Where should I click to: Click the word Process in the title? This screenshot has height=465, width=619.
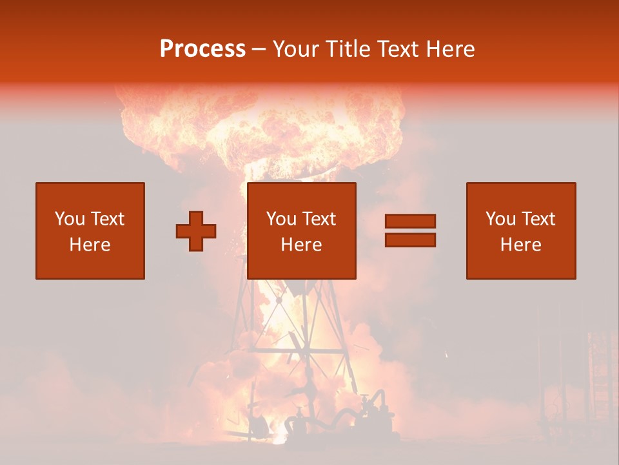click(x=202, y=49)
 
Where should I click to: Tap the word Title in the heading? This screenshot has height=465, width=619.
click(x=346, y=49)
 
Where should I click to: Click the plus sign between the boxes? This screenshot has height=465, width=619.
click(x=196, y=231)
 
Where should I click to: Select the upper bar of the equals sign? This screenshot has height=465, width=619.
click(x=410, y=222)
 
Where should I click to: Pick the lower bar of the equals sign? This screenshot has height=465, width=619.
click(x=410, y=240)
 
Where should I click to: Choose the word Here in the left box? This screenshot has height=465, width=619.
click(x=90, y=245)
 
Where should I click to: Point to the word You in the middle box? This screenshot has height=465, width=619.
click(x=281, y=219)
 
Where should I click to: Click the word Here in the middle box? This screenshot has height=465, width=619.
click(x=301, y=245)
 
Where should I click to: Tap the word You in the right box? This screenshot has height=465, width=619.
click(x=500, y=219)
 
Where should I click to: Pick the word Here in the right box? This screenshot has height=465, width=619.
click(x=520, y=245)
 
